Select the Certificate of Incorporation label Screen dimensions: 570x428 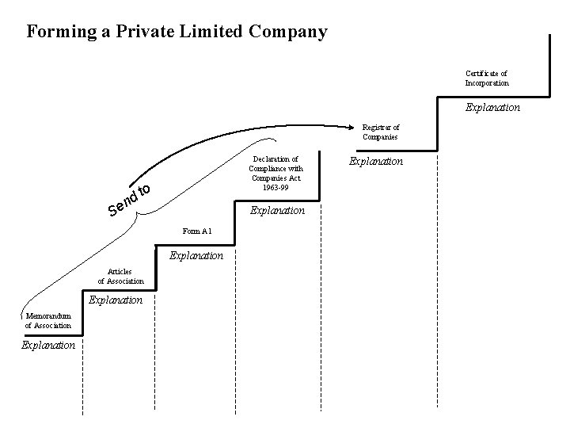point(487,78)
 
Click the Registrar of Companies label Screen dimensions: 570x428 point(381,132)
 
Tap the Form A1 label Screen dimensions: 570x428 point(196,231)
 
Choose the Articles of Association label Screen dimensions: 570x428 point(121,276)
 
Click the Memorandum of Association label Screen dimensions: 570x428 point(47,320)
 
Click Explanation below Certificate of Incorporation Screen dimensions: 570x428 point(492,107)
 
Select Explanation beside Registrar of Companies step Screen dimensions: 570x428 point(376,161)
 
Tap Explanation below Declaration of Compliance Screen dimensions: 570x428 point(277,211)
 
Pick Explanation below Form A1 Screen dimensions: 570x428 point(196,256)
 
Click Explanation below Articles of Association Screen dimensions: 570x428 point(116,300)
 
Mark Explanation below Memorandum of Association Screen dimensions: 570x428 point(48,345)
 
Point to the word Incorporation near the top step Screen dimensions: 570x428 point(487,82)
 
